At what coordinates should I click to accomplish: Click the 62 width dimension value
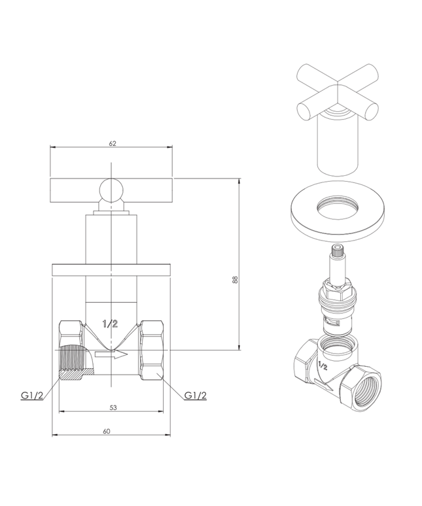point(113,144)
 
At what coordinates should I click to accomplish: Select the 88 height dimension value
point(235,279)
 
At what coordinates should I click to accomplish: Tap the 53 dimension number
point(113,407)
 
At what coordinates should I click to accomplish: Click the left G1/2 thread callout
point(31,396)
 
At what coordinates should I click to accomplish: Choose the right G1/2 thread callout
point(196,396)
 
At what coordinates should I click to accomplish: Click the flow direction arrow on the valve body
point(111,354)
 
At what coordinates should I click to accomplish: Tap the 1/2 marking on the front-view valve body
point(111,324)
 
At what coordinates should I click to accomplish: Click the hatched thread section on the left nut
point(73,360)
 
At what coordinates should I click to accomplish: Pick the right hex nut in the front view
point(152,350)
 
